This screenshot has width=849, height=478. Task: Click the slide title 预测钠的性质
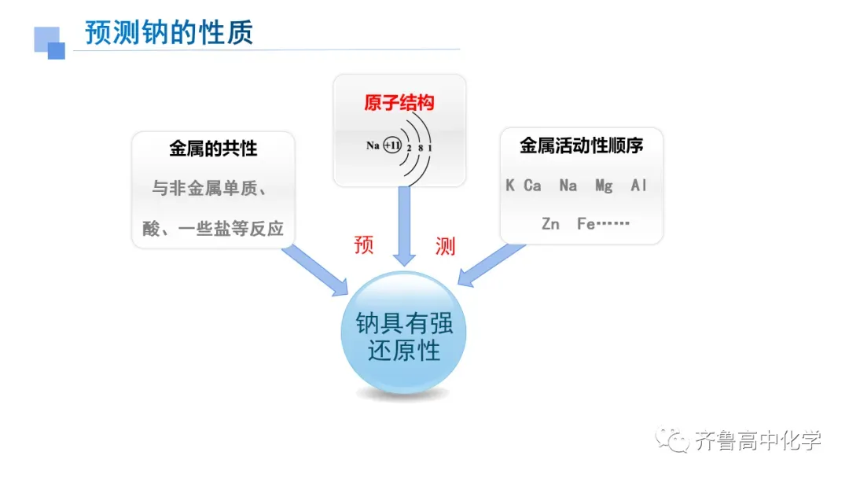169,33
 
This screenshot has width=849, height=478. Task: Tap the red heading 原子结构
399,103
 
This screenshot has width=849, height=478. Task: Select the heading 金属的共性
213,148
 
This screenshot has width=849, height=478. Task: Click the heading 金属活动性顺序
582,145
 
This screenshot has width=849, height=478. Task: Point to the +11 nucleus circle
392,145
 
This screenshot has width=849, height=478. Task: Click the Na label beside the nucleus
373,145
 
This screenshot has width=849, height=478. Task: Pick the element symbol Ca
533,186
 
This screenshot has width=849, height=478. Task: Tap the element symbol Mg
604,186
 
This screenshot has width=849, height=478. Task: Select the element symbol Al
638,186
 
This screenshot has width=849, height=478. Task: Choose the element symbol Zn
550,223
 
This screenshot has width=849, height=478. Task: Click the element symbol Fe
586,223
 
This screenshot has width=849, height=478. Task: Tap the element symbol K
510,186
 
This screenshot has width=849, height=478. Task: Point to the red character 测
445,246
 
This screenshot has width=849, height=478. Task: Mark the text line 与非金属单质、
212,189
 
